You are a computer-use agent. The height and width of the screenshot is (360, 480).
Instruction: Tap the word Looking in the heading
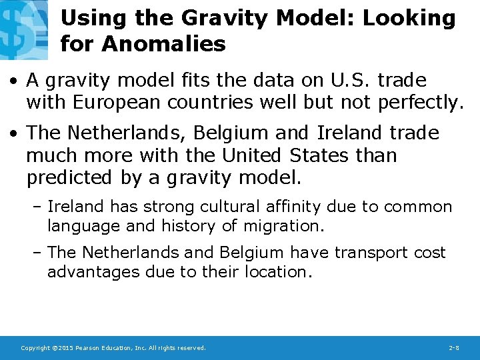point(409,18)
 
